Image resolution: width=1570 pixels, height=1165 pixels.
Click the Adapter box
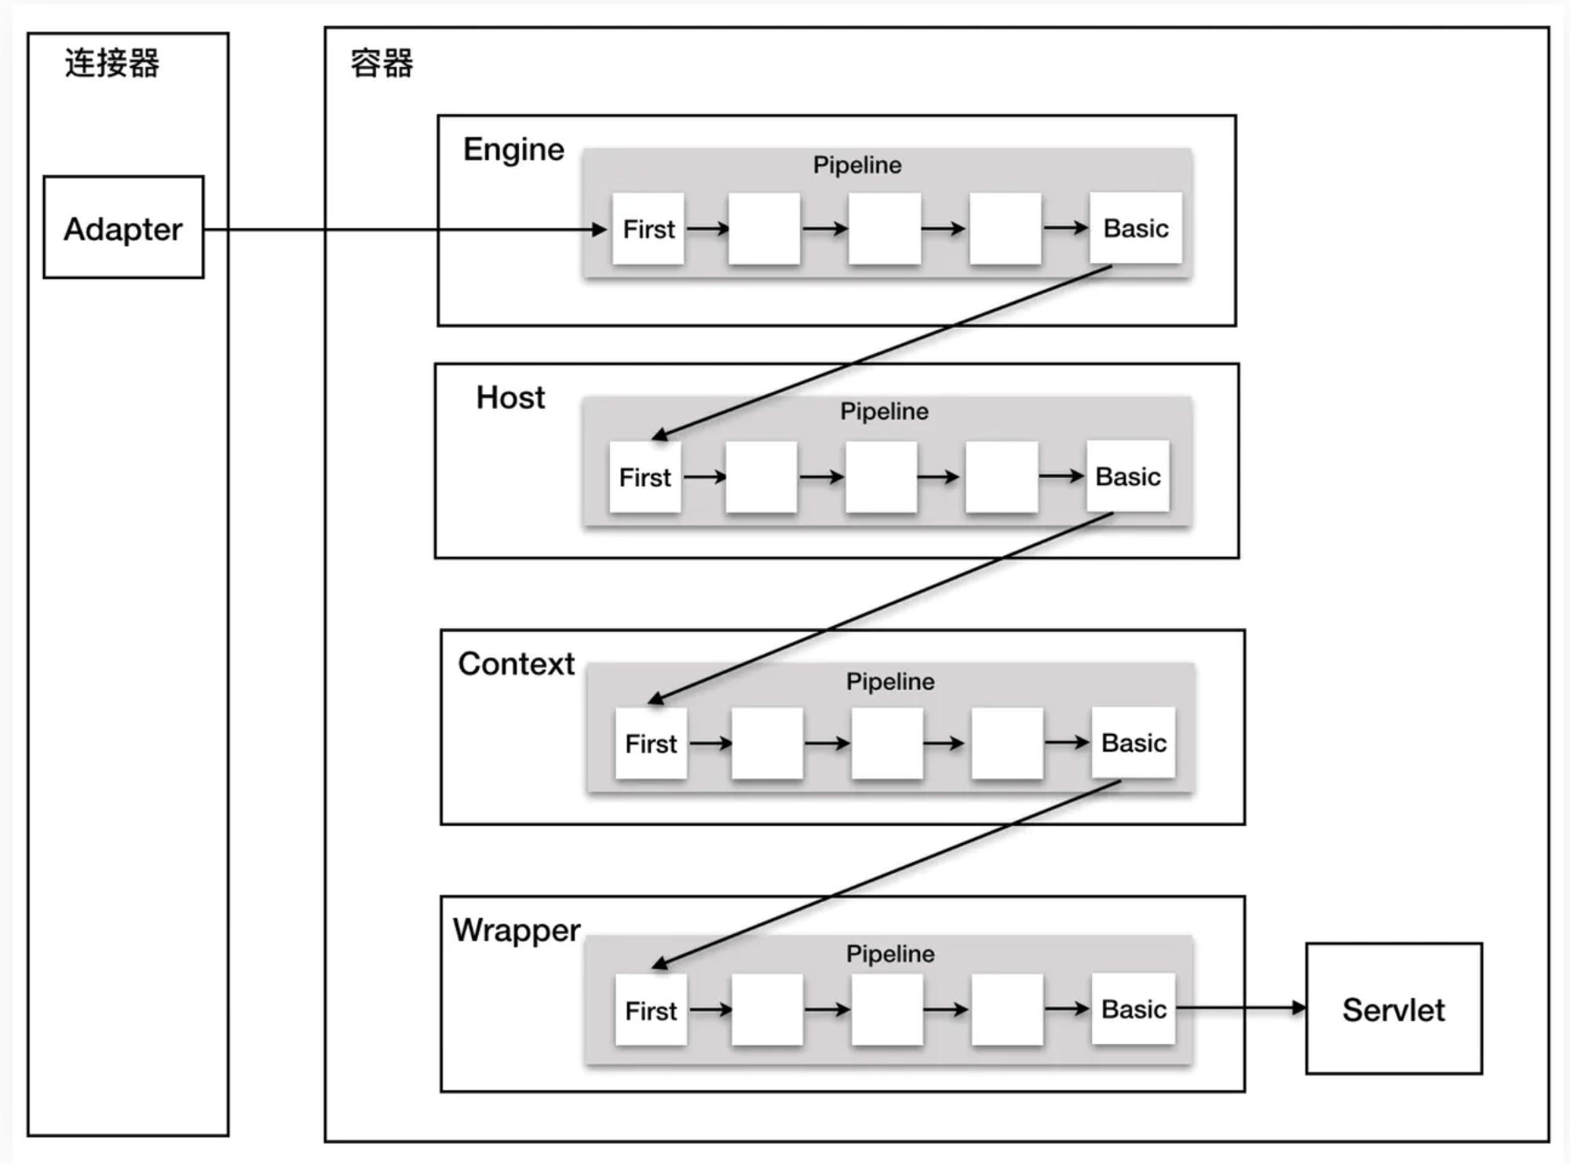pos(123,228)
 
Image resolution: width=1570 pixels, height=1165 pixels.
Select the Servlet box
pos(1393,1010)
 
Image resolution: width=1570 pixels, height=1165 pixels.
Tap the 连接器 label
pos(112,63)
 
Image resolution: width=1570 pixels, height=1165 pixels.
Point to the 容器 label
pos(382,63)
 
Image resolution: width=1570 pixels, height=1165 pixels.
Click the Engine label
pos(513,149)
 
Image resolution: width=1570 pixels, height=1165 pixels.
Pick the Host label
pos(510,397)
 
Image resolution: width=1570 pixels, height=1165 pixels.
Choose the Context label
pos(517,663)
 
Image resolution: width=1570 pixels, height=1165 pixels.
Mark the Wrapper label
pos(517,930)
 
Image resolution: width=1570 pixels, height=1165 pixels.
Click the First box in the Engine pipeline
pos(648,228)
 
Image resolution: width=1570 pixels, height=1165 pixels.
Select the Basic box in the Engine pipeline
pos(1135,228)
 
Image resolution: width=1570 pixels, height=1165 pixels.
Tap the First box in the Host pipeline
pos(644,477)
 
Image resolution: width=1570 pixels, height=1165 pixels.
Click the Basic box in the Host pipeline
pos(1127,476)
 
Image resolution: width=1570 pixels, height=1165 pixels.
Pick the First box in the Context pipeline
pos(651,743)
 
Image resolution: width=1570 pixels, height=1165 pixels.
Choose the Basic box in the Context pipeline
pos(1134,742)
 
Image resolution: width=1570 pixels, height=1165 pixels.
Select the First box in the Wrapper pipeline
pos(651,1010)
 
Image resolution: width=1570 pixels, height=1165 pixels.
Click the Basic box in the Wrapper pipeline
pos(1134,1009)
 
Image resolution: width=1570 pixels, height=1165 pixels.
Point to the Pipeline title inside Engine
pos(857,165)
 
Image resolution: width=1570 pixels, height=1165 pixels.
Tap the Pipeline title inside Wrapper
pos(890,954)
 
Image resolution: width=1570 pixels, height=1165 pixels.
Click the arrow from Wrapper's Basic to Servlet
pos(1240,1008)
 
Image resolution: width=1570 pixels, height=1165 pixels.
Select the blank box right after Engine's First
pos(764,228)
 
